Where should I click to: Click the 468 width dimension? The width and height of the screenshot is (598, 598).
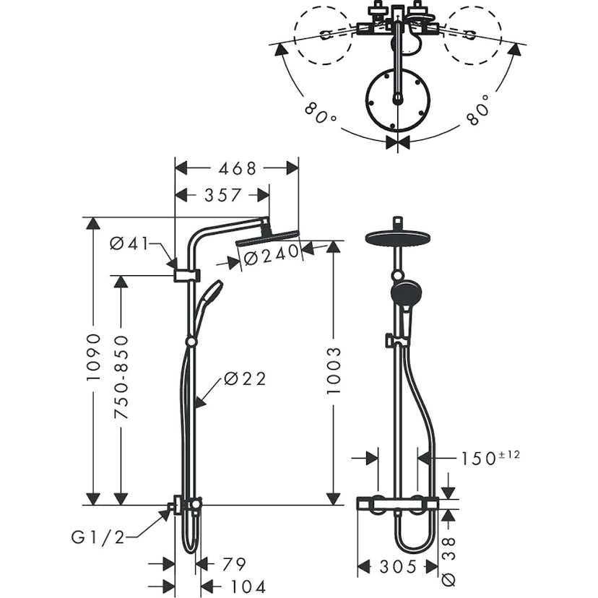click(236, 168)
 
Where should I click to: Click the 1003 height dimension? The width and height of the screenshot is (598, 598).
click(333, 370)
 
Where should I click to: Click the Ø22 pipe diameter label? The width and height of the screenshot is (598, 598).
click(244, 378)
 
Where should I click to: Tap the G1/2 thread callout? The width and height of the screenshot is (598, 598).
click(98, 536)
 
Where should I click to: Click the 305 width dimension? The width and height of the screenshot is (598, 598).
click(398, 565)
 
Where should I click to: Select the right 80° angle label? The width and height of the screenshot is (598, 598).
click(477, 110)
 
